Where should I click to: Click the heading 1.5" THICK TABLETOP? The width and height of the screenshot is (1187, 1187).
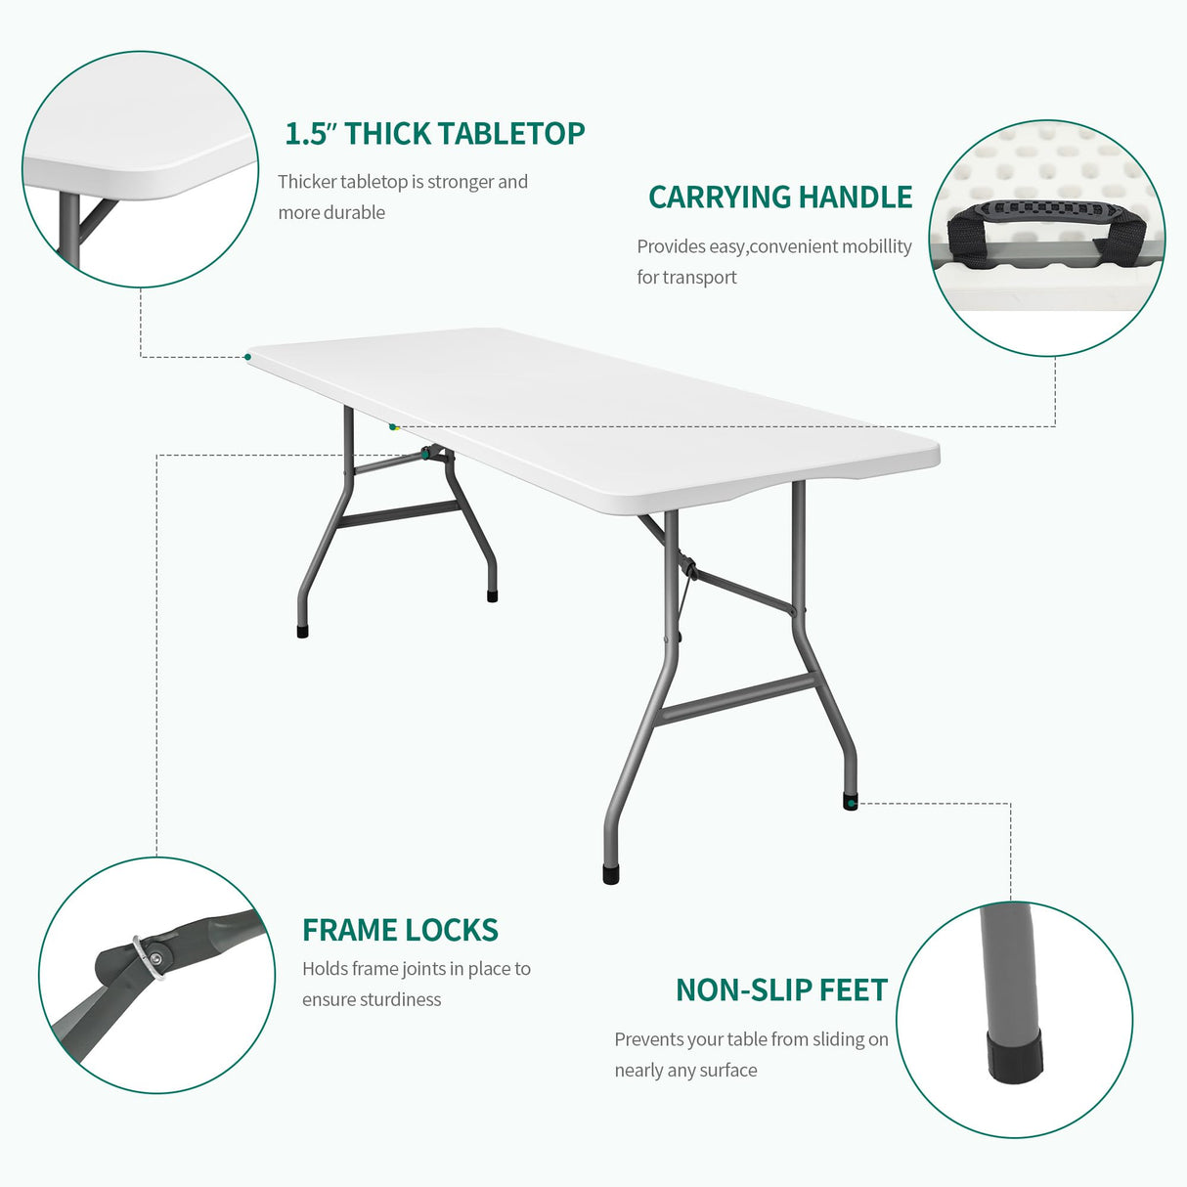click(x=434, y=134)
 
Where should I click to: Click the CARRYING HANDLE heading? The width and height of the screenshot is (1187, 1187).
click(x=779, y=198)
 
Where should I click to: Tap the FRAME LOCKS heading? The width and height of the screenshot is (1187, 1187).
click(x=400, y=930)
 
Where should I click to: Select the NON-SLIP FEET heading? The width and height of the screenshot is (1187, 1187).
click(x=781, y=990)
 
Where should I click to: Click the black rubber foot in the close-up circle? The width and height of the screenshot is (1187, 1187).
click(x=1014, y=1056)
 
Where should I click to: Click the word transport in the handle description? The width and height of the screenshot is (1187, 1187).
click(x=699, y=278)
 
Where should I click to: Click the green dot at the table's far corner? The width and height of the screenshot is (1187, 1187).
click(x=247, y=357)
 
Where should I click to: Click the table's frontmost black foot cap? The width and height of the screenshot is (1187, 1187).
click(x=611, y=873)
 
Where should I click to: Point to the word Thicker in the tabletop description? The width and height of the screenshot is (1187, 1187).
click(x=306, y=183)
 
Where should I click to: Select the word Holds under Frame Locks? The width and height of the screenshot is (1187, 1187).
click(x=325, y=969)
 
